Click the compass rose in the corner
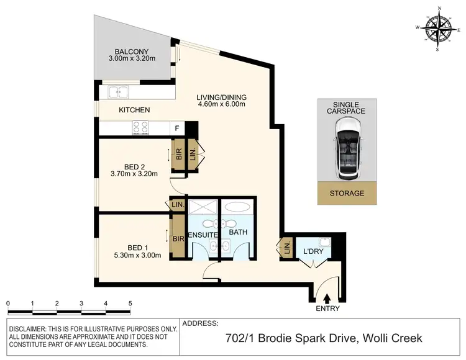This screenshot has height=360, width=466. click(441, 28)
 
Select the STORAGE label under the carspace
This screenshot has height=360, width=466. click(347, 194)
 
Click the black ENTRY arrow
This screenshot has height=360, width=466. click(327, 299)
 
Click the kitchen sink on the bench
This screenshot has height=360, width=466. click(118, 93)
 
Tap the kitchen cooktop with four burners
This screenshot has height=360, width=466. click(140, 128)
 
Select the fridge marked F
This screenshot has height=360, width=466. click(178, 128)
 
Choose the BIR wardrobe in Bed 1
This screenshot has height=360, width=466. click(178, 238)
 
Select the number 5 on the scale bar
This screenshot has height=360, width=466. click(130, 304)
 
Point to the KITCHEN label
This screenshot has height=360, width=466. click(134, 110)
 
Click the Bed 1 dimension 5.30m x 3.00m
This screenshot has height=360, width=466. click(133, 254)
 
